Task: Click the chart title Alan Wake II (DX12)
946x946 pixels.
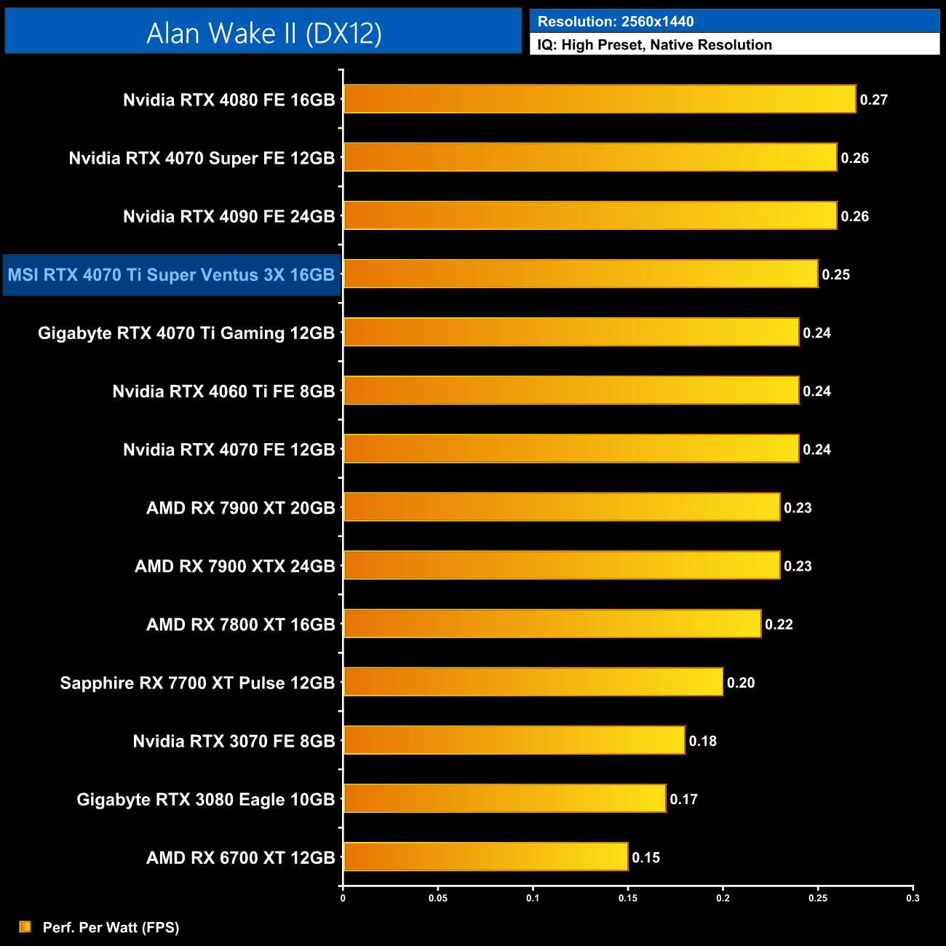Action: click(263, 33)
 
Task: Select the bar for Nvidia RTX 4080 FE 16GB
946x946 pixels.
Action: click(599, 99)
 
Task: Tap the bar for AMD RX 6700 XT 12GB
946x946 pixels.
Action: click(485, 856)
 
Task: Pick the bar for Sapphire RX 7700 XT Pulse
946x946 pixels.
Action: click(533, 682)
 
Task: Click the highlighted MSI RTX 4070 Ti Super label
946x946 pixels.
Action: click(171, 275)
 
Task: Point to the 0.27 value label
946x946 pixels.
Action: click(873, 100)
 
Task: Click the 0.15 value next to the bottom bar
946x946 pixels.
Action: click(645, 857)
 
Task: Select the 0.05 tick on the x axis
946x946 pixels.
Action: click(438, 898)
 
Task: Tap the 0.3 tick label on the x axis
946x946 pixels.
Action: click(913, 898)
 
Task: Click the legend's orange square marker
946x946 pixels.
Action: click(25, 926)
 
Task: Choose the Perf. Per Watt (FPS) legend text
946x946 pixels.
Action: click(111, 927)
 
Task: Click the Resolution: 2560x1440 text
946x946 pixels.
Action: click(615, 21)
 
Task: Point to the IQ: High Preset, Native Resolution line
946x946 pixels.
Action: click(654, 44)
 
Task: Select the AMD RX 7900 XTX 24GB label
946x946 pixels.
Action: click(234, 566)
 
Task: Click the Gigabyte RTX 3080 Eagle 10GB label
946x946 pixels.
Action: click(205, 799)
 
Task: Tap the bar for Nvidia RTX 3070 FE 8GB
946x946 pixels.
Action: click(514, 740)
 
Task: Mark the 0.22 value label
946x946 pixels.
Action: click(779, 624)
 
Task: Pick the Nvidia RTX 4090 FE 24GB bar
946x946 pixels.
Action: click(589, 215)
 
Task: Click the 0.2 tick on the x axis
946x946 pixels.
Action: click(723, 898)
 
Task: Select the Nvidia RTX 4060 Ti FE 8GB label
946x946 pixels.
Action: click(223, 391)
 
